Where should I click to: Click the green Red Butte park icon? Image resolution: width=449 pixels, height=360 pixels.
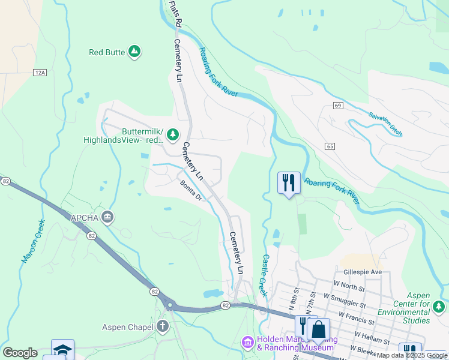click(x=135, y=52)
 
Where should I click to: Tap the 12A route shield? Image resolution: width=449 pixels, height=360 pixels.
click(x=40, y=73)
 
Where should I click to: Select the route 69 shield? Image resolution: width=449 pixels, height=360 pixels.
click(x=339, y=106)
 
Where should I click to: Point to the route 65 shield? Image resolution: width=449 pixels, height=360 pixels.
click(x=330, y=146)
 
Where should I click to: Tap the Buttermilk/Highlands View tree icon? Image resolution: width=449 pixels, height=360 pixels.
click(x=173, y=134)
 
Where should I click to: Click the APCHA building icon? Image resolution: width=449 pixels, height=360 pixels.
click(x=107, y=217)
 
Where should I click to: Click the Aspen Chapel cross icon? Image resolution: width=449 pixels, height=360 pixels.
click(x=161, y=326)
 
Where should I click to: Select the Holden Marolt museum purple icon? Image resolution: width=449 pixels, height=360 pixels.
click(x=247, y=342)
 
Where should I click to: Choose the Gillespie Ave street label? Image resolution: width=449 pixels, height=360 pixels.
click(x=363, y=272)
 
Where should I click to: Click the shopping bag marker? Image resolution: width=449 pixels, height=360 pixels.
click(x=319, y=329)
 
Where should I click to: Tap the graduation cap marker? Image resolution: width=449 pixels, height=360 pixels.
click(x=62, y=350)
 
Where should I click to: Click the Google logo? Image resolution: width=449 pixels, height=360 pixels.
click(x=20, y=353)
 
